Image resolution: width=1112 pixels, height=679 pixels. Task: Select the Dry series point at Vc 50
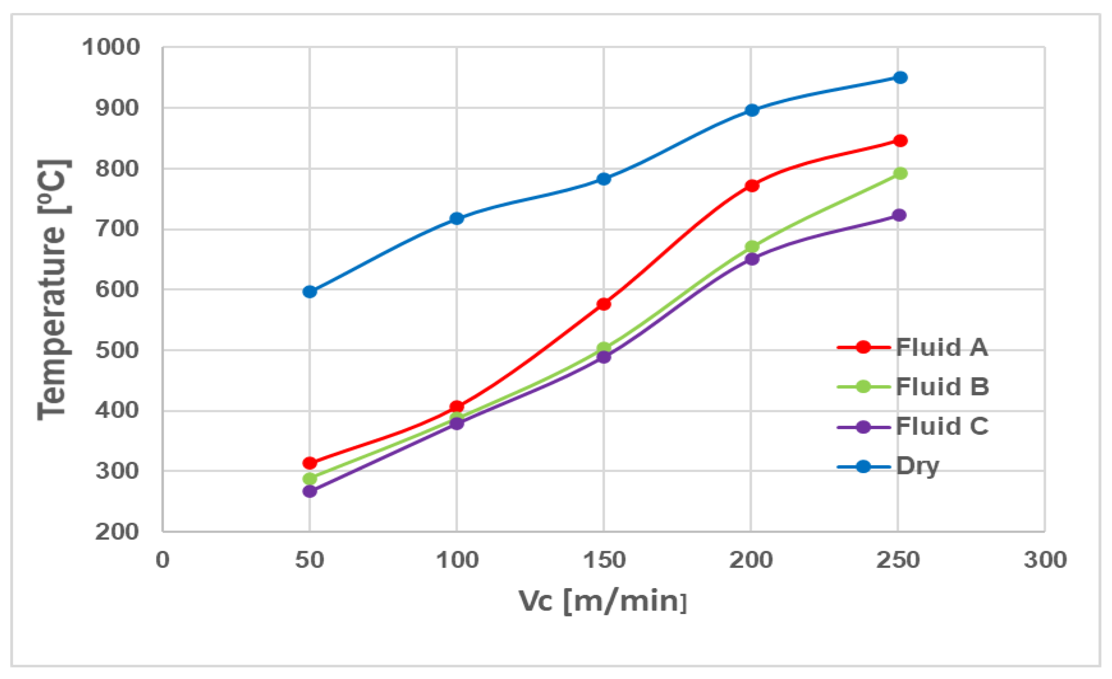309,292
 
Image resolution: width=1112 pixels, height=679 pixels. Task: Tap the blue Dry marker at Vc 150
604,179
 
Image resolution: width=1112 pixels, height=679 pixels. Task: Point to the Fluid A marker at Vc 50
309,463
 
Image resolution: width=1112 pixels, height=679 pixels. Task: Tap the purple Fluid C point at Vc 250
899,215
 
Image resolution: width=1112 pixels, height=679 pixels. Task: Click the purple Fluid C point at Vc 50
309,491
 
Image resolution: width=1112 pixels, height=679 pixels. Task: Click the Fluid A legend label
941,347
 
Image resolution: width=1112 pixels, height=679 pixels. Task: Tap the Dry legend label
917,466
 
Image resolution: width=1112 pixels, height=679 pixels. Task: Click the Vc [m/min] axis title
603,601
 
